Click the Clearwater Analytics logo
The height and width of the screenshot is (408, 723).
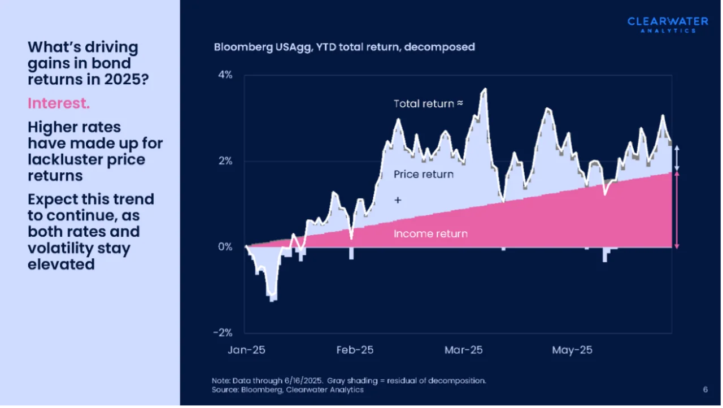tap(668, 24)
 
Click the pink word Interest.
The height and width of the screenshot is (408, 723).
tap(59, 104)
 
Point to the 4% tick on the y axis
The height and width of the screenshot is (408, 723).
tap(225, 75)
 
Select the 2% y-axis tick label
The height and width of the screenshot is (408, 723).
tap(225, 161)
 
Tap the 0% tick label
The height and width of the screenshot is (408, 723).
tap(225, 247)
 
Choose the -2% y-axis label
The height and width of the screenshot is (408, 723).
tap(223, 332)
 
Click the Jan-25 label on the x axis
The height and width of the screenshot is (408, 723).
tap(246, 350)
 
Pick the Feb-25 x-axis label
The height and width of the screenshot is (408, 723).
tap(355, 350)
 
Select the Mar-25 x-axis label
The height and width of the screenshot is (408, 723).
tap(464, 350)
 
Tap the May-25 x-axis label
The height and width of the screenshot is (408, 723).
tap(572, 350)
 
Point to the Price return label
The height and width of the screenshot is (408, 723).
tap(424, 175)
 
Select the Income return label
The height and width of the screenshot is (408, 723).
tap(430, 233)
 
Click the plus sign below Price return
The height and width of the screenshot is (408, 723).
tap(398, 200)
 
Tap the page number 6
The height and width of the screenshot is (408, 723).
tap(705, 389)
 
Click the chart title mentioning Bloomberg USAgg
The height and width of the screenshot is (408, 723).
tap(344, 47)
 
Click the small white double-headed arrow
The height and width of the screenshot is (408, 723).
tap(677, 158)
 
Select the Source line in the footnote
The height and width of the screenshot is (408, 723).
tap(288, 390)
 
